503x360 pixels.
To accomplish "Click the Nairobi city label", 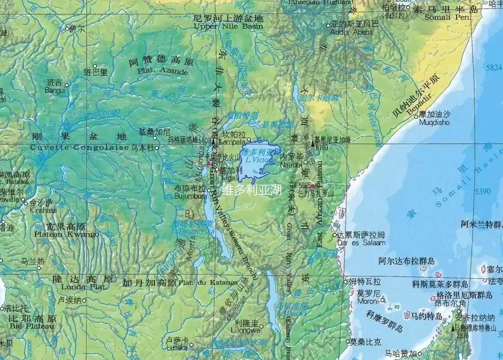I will click(x=290, y=165).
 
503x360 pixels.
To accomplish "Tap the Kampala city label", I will click(x=232, y=142).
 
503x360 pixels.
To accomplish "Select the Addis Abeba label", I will click(x=351, y=32).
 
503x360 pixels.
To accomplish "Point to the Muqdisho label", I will click(x=434, y=122).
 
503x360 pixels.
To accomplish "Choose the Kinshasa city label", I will click(x=43, y=210).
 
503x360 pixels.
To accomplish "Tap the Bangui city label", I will click(x=55, y=90).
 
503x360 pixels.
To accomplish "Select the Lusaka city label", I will click(x=177, y=347).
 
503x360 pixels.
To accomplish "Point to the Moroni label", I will click(x=368, y=301).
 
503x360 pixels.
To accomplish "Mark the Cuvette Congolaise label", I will click(x=79, y=148).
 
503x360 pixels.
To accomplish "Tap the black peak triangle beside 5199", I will click(x=313, y=144).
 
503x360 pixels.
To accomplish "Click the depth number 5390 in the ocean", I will click(x=483, y=191).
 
